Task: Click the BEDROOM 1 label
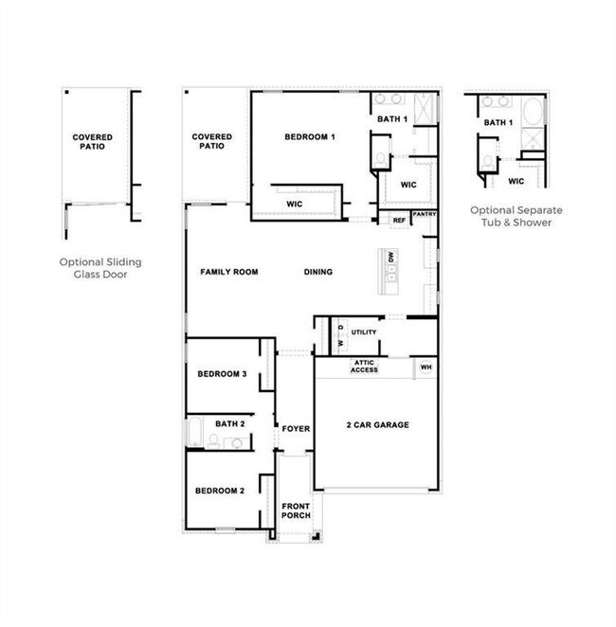(x=310, y=136)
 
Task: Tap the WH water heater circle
(x=426, y=367)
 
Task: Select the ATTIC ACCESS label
(x=364, y=367)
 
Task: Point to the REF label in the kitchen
(x=399, y=221)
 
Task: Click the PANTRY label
(x=424, y=214)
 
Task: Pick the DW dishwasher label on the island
(x=390, y=257)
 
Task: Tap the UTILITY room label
(x=364, y=331)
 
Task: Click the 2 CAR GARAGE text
(x=377, y=424)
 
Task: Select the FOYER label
(x=296, y=429)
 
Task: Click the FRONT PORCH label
(x=296, y=511)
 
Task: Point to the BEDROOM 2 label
(x=220, y=491)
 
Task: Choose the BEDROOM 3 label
(x=222, y=374)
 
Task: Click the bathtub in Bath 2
(x=195, y=432)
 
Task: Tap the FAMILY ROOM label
(x=228, y=272)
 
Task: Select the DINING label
(x=318, y=272)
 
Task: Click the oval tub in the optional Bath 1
(x=533, y=112)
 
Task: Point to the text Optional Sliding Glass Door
(x=100, y=268)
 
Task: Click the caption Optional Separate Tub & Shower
(x=516, y=216)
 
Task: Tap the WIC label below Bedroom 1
(x=294, y=204)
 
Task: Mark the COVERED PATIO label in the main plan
(x=211, y=141)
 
